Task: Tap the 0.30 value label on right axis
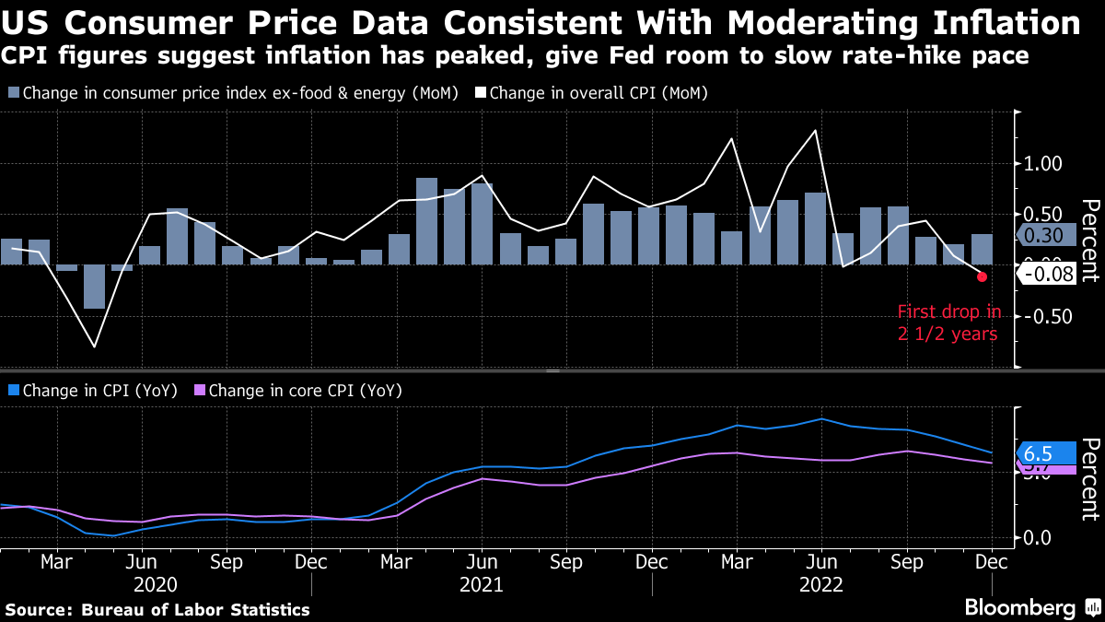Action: (x=1046, y=236)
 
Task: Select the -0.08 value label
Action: (x=1049, y=274)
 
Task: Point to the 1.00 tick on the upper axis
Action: (x=1043, y=164)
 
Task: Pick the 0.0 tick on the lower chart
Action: (x=1038, y=537)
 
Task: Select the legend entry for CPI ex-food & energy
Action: (x=234, y=93)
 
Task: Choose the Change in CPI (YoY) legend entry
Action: (x=93, y=390)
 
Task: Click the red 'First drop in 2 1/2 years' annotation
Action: (x=948, y=323)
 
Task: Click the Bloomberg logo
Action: (x=1019, y=607)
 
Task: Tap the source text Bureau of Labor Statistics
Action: (x=195, y=610)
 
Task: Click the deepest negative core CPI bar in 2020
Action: (x=94, y=287)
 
